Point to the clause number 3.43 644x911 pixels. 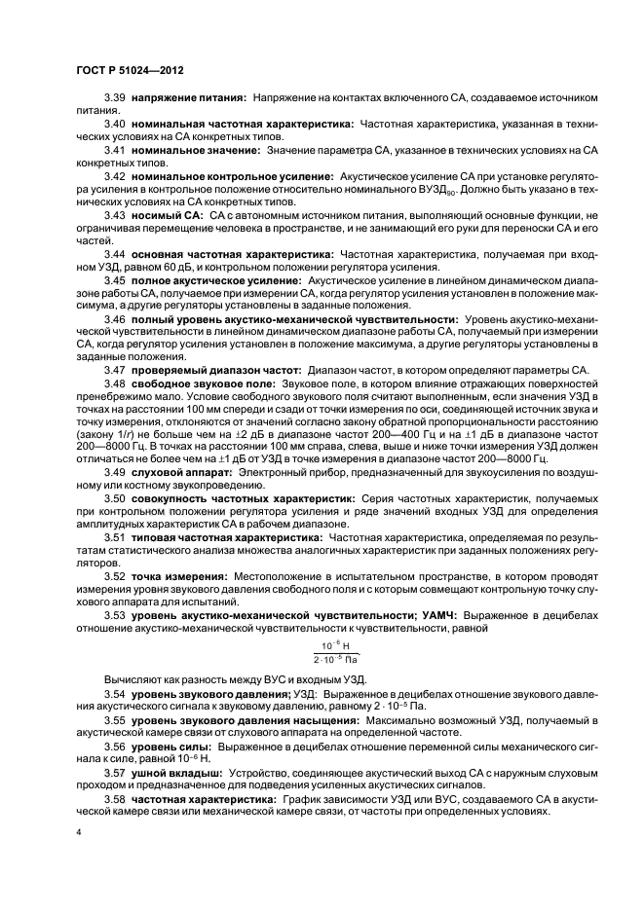click(115, 213)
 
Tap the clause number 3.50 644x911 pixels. click(115, 497)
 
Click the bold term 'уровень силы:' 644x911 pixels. click(170, 745)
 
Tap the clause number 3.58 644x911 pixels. click(115, 798)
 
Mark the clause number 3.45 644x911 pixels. click(115, 279)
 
